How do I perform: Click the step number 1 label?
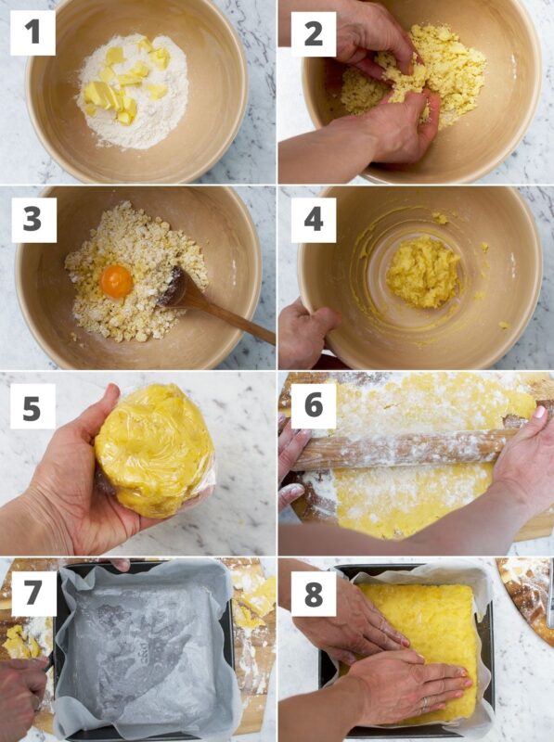click(32, 32)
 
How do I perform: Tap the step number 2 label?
click(314, 34)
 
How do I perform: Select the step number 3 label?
click(33, 220)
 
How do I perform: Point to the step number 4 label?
click(314, 220)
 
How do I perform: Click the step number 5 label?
click(32, 406)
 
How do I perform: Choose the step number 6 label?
click(314, 405)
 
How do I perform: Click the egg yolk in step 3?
click(117, 282)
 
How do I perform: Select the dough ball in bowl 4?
click(423, 272)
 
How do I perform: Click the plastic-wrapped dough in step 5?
click(154, 450)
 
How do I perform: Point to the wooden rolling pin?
click(403, 450)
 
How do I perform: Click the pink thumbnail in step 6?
click(539, 412)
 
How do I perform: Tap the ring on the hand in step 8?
click(424, 703)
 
